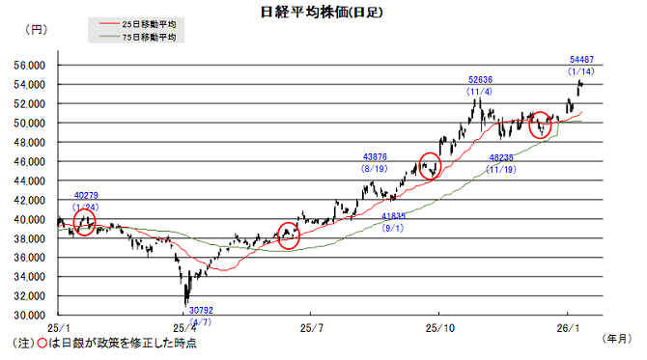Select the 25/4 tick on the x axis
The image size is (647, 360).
[183, 327]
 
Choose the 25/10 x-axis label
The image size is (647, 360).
[439, 327]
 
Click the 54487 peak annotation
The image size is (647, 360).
[580, 60]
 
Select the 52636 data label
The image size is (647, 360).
[480, 80]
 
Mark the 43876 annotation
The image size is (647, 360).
[375, 156]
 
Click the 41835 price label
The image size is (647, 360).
[393, 216]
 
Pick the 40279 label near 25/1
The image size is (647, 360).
[86, 197]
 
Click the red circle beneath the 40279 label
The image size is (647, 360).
[85, 222]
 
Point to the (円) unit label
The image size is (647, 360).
[35, 31]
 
